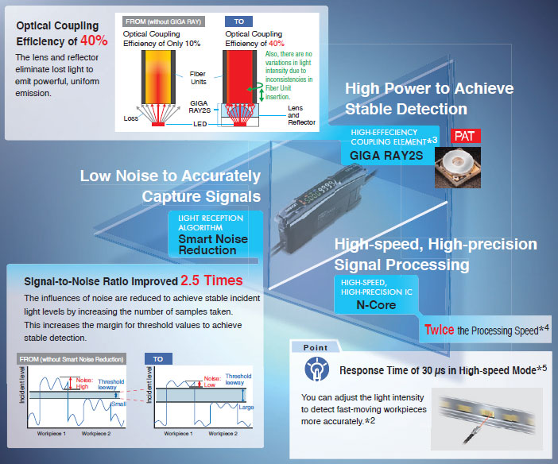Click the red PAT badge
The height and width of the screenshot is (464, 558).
[466, 136]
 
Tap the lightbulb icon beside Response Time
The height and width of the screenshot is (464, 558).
[316, 369]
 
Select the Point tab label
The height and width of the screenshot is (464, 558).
[316, 347]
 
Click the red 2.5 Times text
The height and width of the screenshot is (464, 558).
[211, 280]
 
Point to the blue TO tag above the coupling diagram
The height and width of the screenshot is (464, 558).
[238, 21]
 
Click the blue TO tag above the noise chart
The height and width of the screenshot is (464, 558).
[158, 359]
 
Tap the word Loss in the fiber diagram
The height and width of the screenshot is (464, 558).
[130, 118]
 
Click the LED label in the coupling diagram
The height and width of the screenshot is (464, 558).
[200, 124]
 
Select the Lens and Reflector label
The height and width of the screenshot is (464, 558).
[301, 115]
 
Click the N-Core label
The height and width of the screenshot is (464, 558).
[376, 305]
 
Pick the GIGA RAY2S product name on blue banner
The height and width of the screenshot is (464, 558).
[386, 156]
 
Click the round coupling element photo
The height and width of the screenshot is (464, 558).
[458, 168]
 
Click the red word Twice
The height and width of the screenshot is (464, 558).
[439, 330]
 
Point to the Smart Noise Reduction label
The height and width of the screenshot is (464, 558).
[213, 245]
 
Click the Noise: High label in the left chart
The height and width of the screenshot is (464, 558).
[84, 383]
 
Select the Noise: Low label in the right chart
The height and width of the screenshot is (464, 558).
[212, 381]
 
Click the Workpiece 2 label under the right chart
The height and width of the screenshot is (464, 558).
[223, 433]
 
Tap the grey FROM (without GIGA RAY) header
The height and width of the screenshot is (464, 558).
[163, 21]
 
